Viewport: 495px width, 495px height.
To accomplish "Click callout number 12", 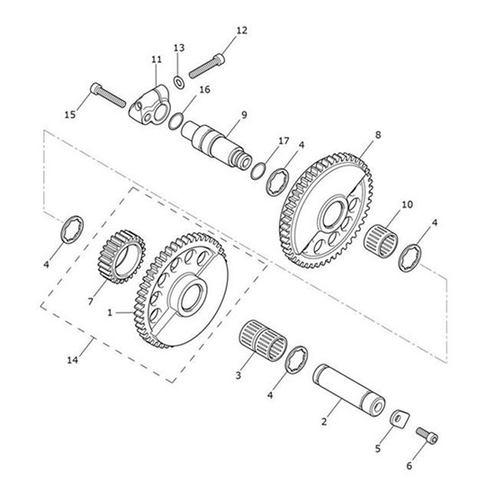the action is (242, 31).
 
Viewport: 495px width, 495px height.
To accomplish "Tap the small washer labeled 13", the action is (179, 83).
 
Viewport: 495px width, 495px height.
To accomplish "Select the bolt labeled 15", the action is (108, 95).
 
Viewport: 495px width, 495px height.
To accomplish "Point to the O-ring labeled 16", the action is (175, 121).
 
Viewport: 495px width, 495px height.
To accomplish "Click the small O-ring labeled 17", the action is (259, 171).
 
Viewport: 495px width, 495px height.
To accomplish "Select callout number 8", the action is (378, 135).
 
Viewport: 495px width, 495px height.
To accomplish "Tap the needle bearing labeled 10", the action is (381, 241).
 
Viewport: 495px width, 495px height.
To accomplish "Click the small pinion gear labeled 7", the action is (121, 256).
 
